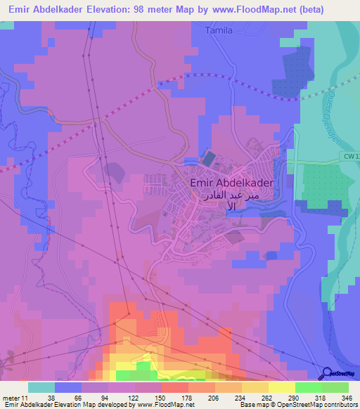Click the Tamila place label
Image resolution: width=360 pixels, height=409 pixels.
[x=218, y=31]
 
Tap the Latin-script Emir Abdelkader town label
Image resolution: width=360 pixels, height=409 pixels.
[x=232, y=182]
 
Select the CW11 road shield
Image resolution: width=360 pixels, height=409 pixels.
[x=351, y=155]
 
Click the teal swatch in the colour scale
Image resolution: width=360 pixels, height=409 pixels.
[x=41, y=387]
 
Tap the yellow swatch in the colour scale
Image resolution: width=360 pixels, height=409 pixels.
[x=282, y=387]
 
